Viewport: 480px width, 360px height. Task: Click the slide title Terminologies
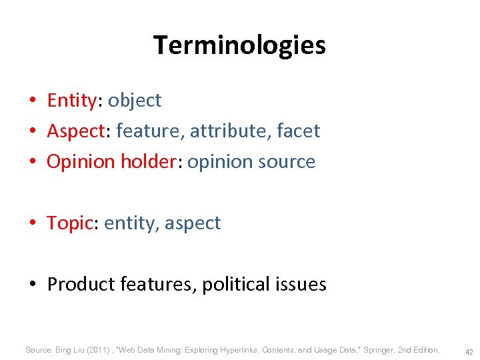[239, 45]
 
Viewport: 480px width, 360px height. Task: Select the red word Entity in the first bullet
[71, 101]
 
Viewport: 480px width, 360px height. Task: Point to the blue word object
[135, 101]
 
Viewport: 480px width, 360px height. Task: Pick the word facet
[297, 131]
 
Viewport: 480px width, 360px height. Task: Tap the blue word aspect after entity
[192, 223]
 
